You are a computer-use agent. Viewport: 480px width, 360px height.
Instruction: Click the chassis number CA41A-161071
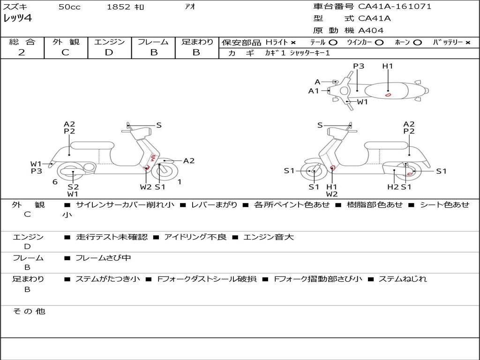click(395, 7)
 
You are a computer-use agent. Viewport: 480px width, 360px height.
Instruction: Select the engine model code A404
click(371, 30)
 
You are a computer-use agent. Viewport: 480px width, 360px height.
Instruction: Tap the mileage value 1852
click(118, 7)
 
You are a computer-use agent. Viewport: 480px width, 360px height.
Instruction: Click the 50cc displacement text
click(69, 7)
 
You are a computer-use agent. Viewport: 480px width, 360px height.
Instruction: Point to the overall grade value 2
click(22, 52)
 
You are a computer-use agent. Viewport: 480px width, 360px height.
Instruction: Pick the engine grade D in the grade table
click(109, 52)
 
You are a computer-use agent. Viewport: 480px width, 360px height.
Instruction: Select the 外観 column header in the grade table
click(66, 42)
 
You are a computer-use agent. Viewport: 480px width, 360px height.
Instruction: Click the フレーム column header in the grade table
click(153, 42)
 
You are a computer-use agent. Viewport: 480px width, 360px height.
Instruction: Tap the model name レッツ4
click(17, 19)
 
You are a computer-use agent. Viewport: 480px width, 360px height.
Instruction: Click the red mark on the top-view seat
click(388, 95)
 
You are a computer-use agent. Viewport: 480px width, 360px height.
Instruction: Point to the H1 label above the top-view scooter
click(387, 66)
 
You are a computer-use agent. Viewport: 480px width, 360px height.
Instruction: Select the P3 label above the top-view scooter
click(359, 66)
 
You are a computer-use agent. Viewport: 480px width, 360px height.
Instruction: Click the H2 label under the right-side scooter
click(393, 187)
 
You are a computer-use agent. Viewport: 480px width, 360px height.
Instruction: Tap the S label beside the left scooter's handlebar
click(159, 125)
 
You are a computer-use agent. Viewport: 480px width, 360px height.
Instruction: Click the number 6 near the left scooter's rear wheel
click(55, 182)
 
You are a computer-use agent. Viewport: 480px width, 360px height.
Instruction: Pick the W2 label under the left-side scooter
click(146, 187)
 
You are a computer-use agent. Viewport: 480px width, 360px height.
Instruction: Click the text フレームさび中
click(103, 258)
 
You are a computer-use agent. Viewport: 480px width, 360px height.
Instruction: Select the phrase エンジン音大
click(268, 237)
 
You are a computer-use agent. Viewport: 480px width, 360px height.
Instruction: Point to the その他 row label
click(29, 311)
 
